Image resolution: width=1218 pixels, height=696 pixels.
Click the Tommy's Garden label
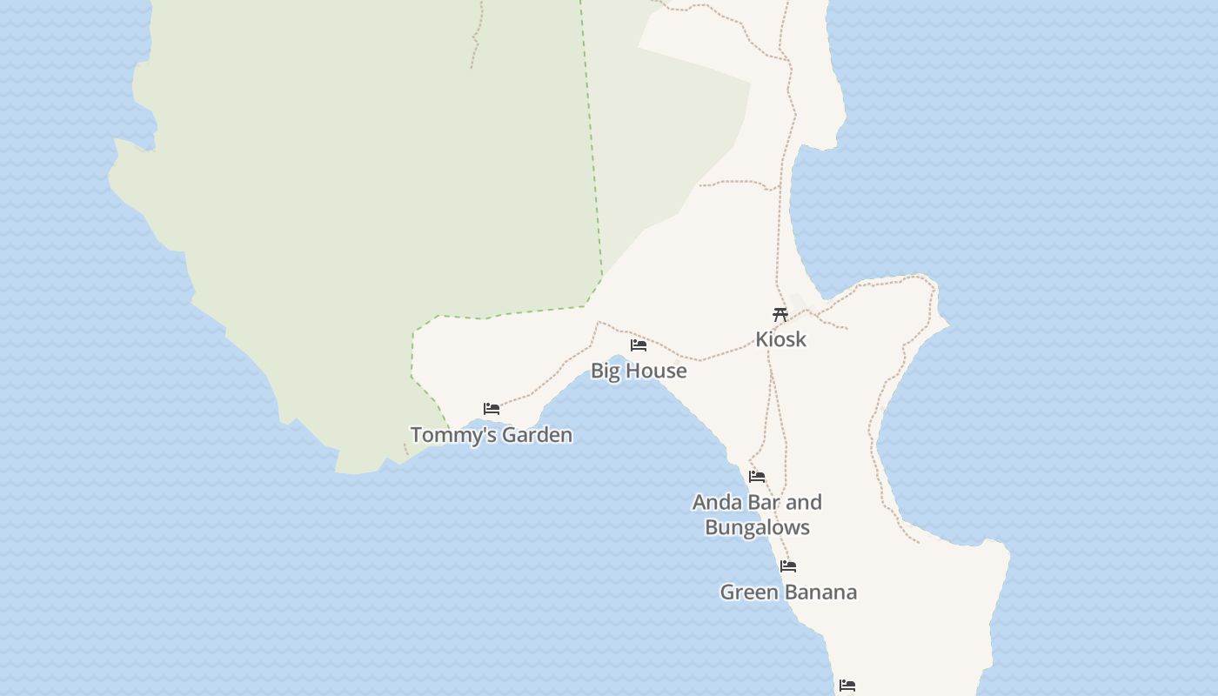[491, 434]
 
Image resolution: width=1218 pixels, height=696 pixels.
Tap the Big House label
[639, 371]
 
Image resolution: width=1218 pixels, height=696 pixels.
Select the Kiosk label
[780, 339]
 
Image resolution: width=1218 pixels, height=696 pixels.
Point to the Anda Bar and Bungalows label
[757, 514]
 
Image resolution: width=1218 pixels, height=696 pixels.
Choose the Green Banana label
[788, 592]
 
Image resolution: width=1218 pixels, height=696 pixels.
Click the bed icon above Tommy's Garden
[492, 408]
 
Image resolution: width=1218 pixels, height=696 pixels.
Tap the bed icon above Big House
[639, 345]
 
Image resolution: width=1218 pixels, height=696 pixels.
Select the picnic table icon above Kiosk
[780, 314]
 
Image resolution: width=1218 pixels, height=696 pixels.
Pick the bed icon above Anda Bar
[757, 476]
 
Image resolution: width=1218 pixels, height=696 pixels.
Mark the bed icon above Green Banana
[788, 565]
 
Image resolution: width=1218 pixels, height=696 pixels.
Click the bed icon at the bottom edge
[847, 686]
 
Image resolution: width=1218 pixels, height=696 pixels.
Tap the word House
[658, 371]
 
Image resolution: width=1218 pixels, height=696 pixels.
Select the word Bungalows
[757, 527]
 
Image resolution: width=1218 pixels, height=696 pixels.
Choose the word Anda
[716, 502]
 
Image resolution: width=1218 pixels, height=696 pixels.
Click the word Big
[606, 371]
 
